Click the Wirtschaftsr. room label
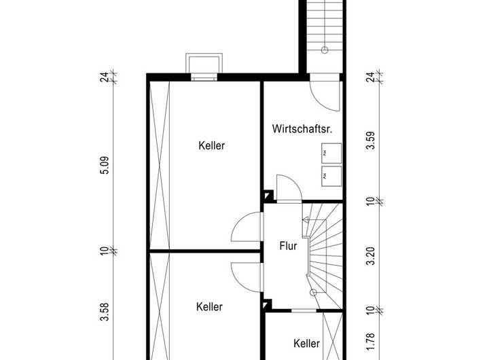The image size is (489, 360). (x=302, y=128)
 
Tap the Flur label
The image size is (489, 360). (x=288, y=246)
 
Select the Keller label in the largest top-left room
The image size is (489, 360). (x=212, y=145)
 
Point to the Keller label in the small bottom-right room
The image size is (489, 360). (x=307, y=344)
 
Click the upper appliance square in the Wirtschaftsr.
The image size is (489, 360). (x=331, y=154)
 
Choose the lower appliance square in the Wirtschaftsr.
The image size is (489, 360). (x=331, y=176)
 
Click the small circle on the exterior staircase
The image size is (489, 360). (x=325, y=50)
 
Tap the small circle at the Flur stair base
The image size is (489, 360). (x=313, y=292)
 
